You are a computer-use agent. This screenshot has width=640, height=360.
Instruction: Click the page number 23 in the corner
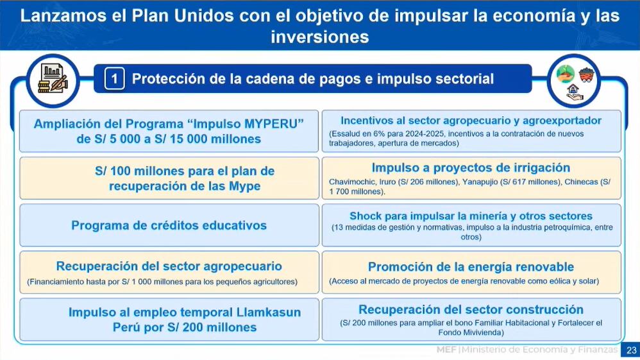[x=631, y=350]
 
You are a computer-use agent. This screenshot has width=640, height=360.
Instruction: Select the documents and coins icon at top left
[x=53, y=80]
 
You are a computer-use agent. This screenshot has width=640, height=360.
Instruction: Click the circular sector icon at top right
[x=573, y=81]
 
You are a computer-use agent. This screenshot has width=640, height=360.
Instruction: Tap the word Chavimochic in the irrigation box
[x=348, y=182]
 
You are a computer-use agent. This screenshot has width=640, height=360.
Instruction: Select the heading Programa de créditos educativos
[x=169, y=225]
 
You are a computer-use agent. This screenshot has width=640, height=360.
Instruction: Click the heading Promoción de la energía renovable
[x=471, y=267]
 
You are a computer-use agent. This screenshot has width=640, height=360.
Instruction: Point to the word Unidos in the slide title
[x=194, y=15]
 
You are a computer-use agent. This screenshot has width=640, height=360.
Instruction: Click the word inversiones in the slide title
[x=319, y=37]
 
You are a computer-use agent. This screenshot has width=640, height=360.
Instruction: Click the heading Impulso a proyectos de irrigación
[x=471, y=168]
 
